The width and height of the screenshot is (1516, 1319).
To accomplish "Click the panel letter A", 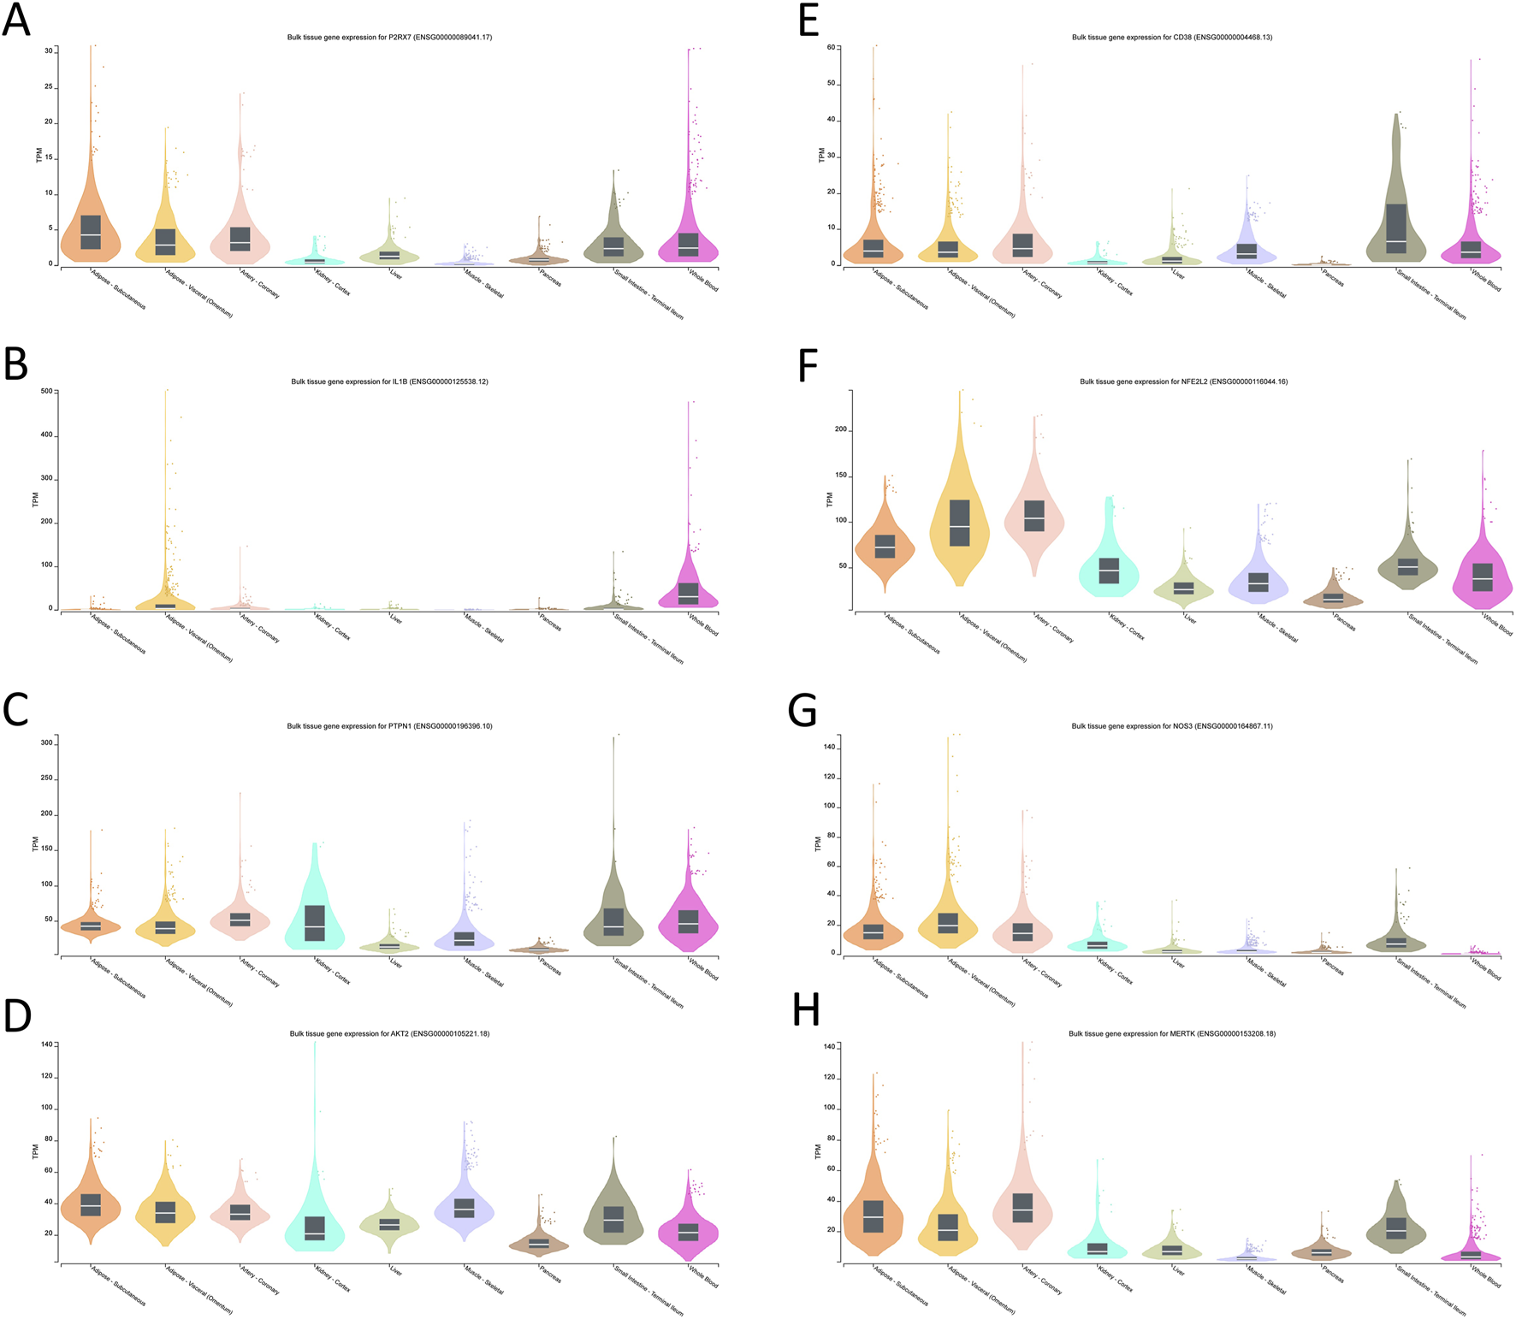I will tap(16, 20).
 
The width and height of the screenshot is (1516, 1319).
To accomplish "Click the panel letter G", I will tap(802, 711).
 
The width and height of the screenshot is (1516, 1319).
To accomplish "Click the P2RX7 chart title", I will tap(389, 38).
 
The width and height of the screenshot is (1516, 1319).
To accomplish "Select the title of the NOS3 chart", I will tap(1171, 726).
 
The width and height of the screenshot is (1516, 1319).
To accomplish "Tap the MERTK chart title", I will tap(1171, 1034).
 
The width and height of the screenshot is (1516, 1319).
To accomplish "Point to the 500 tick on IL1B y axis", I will tap(46, 392).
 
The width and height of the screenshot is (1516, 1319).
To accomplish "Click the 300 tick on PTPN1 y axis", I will tap(46, 743).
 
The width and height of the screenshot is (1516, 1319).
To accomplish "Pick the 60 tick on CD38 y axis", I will tap(831, 48).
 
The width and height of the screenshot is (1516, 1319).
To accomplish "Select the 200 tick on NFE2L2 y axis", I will tap(840, 430).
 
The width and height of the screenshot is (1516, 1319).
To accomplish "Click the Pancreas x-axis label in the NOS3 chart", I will tap(1333, 967).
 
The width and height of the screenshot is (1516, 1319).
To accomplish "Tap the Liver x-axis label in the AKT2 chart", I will tap(395, 1271).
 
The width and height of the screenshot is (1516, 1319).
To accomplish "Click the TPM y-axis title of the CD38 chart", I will tap(820, 155).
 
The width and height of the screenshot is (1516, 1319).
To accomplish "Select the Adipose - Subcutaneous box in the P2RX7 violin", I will tap(91, 233).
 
